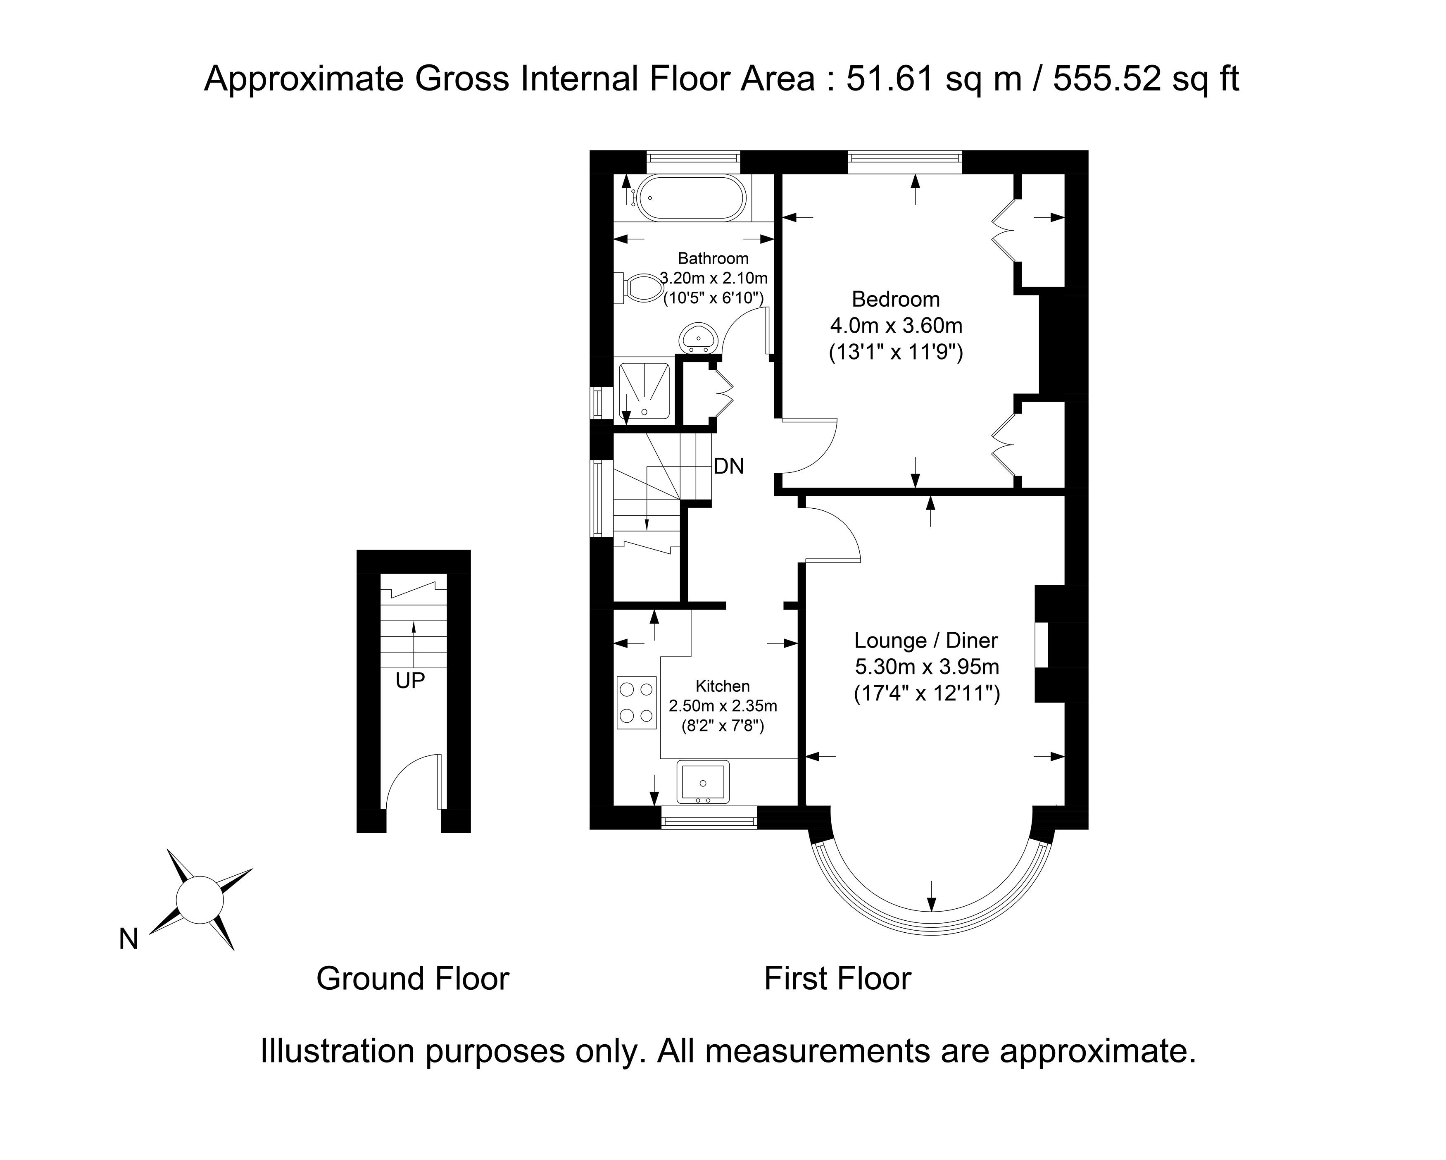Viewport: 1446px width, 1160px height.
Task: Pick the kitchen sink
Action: [703, 782]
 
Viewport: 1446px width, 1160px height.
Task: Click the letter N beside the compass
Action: [129, 939]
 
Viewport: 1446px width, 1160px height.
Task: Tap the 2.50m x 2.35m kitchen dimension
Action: [723, 706]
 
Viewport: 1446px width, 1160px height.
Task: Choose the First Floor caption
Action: [838, 979]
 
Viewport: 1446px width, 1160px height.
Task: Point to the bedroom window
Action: [905, 162]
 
